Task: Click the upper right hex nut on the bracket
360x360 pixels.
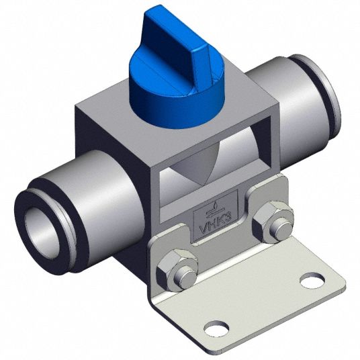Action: coord(273,220)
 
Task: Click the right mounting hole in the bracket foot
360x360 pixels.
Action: coord(313,279)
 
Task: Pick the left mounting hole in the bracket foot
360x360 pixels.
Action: coord(216,328)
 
